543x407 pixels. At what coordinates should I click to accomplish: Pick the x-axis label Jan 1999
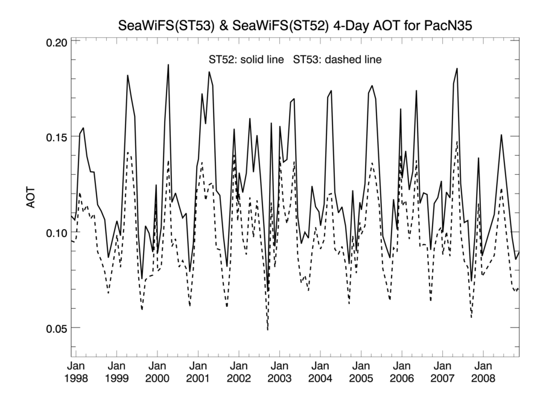[116, 372]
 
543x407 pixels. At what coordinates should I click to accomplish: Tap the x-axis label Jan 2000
[157, 372]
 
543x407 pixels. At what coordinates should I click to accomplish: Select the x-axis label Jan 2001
[198, 372]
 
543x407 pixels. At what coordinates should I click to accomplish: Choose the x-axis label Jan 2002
[238, 372]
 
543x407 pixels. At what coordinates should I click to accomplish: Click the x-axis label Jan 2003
[279, 372]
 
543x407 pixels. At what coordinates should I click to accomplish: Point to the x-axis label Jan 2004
[320, 372]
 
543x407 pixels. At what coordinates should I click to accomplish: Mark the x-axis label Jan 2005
[361, 372]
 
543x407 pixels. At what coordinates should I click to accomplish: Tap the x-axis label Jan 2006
[401, 372]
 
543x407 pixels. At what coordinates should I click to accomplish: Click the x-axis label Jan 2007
[442, 372]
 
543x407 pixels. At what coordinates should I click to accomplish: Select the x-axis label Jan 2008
[483, 372]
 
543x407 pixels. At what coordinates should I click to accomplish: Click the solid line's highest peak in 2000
[168, 65]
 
